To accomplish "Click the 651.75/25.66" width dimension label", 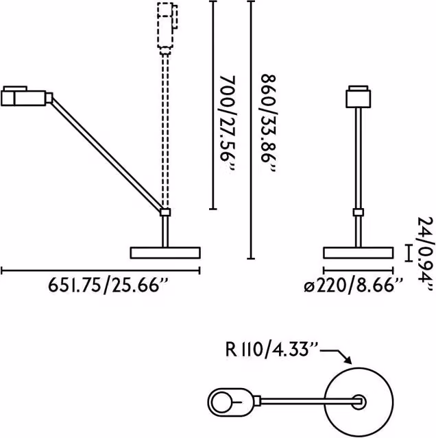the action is click(108, 285).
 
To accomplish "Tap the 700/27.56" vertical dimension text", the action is click(227, 124).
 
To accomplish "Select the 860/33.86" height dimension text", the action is click(269, 123).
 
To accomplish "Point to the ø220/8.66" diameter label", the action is click(354, 285).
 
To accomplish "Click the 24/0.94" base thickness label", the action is click(425, 255).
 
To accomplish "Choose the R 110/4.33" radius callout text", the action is click(272, 349).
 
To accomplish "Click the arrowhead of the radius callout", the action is click(348, 361).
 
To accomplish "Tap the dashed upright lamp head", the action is click(167, 28).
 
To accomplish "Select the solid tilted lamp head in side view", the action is click(27, 96).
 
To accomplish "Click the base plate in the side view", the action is click(165, 253).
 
